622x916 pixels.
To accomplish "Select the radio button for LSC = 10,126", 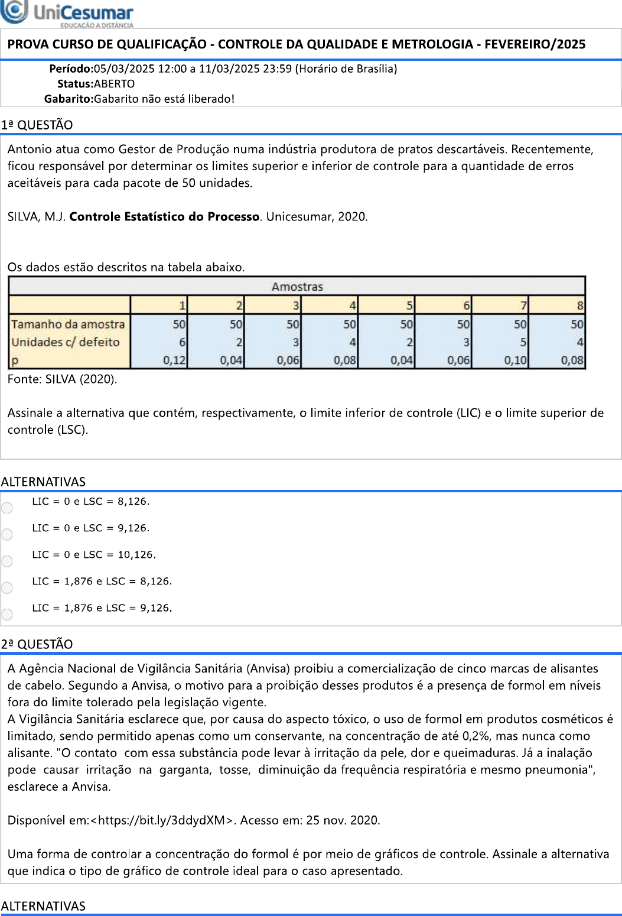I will (7, 561).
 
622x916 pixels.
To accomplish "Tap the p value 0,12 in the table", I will (174, 360).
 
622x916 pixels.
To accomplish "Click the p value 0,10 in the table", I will (515, 360).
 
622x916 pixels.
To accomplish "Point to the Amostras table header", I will (297, 287).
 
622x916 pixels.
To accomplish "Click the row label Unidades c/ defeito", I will (66, 342).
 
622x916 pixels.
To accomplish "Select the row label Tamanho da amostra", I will (68, 324).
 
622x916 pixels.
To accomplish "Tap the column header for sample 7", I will (523, 306).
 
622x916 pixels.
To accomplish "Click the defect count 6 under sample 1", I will (183, 342).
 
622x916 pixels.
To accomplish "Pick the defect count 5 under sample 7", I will (523, 342).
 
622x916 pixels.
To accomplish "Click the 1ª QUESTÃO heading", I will (37, 125).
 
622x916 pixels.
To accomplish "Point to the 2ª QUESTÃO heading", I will (37, 644).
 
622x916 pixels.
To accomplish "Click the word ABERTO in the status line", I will (115, 84).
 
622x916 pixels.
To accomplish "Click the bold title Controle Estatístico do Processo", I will (164, 217).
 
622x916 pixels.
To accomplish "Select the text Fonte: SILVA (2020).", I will (62, 379).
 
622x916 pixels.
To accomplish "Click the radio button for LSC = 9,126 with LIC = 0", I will (7, 534).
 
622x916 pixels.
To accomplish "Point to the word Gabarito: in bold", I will (69, 99).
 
